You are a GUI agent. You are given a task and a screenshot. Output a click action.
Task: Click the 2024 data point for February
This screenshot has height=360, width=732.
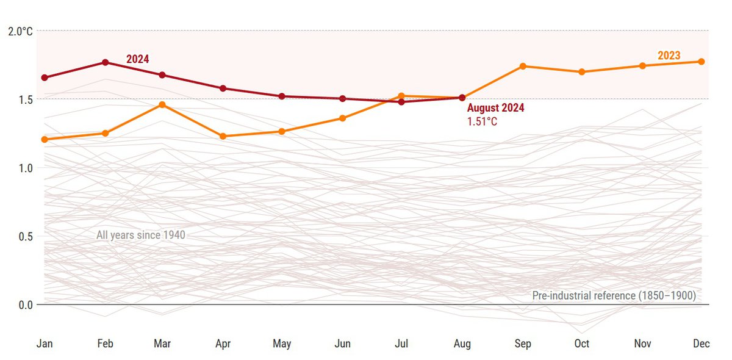point(105,62)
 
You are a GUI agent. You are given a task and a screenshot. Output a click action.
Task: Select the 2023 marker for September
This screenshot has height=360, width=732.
point(523,66)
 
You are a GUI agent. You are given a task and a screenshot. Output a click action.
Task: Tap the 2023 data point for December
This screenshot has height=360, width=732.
point(701,62)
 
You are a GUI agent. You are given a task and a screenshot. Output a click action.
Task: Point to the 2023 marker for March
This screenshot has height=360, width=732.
point(162,105)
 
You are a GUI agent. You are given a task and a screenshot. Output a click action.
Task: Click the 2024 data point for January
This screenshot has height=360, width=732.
point(45,77)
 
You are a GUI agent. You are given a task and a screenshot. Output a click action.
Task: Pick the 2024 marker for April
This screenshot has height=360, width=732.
point(223,88)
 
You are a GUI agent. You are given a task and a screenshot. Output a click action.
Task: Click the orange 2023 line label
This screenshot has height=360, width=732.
point(669,56)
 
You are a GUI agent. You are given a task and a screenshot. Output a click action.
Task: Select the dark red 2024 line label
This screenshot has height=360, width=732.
point(137,59)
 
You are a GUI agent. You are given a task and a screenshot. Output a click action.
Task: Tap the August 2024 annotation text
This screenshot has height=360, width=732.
point(495,108)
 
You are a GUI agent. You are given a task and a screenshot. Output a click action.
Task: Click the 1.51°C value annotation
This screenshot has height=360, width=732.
point(482,121)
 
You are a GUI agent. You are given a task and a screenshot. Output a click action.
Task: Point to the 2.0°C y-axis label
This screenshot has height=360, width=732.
point(20,31)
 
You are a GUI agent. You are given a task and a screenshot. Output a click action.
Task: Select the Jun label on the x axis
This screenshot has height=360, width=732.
point(342,344)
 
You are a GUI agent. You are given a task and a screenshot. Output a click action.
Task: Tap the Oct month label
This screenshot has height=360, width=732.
point(582,344)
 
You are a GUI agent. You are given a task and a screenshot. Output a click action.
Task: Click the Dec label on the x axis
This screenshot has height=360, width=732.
point(701,344)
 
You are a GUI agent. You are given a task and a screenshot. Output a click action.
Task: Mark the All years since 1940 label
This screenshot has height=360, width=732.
point(140,235)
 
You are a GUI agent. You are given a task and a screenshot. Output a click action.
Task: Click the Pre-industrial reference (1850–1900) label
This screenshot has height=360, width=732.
point(614,295)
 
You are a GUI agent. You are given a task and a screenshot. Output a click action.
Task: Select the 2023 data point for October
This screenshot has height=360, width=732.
point(582,72)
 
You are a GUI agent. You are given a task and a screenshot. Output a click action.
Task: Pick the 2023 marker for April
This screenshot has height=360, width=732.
point(223,136)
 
